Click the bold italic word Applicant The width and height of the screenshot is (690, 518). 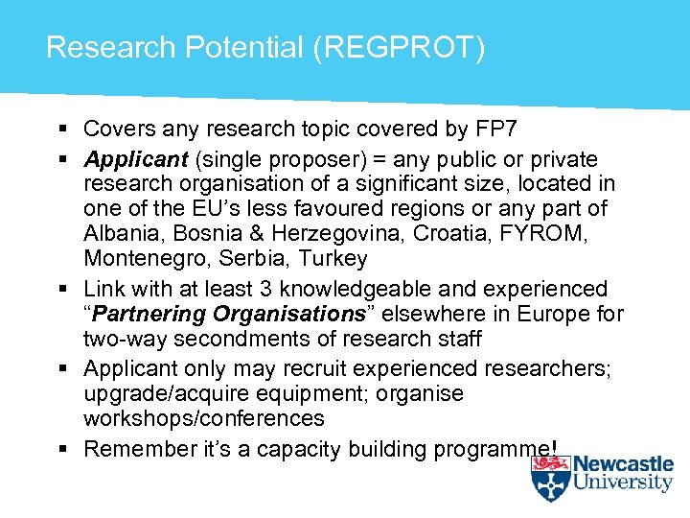(x=135, y=159)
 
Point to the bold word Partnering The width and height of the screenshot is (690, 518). (x=147, y=314)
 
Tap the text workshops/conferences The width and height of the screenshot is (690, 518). (x=203, y=418)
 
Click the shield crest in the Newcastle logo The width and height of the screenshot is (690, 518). (x=551, y=477)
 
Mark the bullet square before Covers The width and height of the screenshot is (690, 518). (x=60, y=129)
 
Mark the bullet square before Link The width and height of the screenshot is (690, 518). (x=60, y=289)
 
